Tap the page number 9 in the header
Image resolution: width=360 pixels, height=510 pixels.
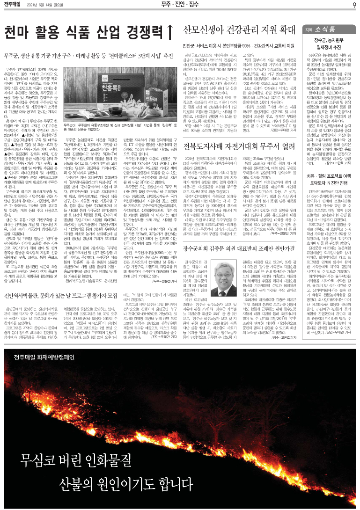pos(354,5)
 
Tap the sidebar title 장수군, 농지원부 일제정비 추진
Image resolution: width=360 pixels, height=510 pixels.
pos(328,44)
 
